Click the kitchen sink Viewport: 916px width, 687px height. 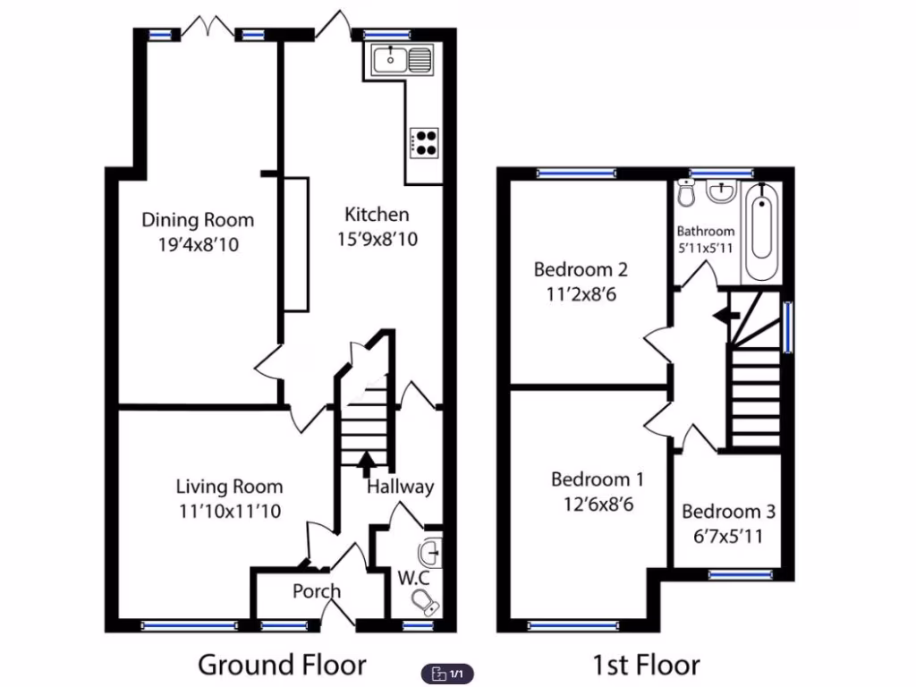[x=400, y=60]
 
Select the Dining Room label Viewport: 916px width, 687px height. [x=198, y=220]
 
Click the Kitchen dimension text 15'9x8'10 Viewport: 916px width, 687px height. [x=377, y=240]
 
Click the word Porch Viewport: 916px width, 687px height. [x=317, y=591]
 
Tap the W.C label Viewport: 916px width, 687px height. [x=412, y=577]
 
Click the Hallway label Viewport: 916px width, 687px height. [x=400, y=487]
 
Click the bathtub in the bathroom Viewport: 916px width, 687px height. [x=762, y=232]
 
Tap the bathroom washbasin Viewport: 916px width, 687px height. [x=720, y=191]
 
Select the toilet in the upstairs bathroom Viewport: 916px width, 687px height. [x=686, y=191]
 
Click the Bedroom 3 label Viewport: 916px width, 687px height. [x=728, y=512]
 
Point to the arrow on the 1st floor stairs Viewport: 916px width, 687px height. [x=725, y=315]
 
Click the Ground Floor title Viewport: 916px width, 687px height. [x=282, y=665]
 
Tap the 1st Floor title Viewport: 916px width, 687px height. [x=645, y=665]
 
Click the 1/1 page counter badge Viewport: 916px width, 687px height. [x=447, y=673]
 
